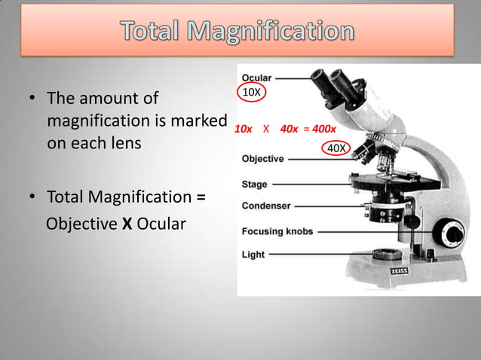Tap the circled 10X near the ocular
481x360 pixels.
[x=251, y=92]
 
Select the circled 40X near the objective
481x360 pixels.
[x=336, y=148]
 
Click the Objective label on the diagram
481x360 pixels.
[x=263, y=159]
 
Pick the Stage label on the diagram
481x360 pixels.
[x=255, y=184]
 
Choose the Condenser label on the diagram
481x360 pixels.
[x=266, y=206]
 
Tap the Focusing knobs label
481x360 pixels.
[x=277, y=231]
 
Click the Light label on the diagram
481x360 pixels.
[x=253, y=255]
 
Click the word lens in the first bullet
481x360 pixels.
[x=123, y=142]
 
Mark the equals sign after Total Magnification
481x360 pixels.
[x=201, y=197]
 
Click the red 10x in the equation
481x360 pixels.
[x=244, y=129]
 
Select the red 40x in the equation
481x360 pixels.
[x=288, y=129]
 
